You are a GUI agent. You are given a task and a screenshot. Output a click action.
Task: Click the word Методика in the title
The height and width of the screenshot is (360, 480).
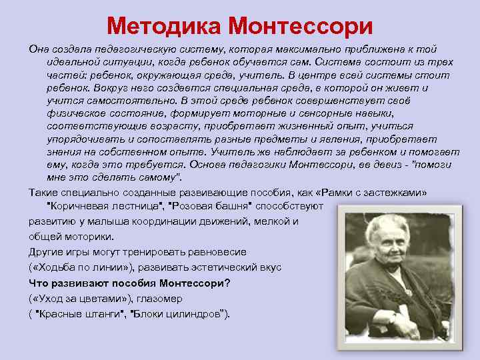(163, 26)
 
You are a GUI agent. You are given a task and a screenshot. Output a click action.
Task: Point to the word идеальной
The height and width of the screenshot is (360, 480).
(71, 63)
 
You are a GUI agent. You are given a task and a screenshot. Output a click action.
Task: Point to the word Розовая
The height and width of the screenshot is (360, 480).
(197, 206)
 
